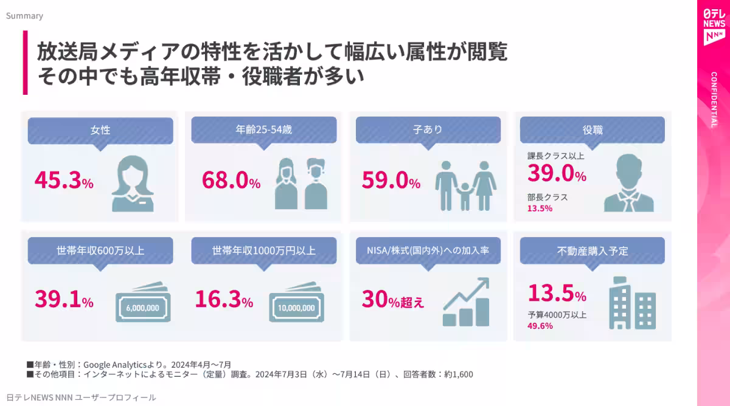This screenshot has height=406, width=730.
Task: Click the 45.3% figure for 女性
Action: tap(64, 180)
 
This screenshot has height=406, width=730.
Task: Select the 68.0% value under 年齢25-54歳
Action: tap(231, 180)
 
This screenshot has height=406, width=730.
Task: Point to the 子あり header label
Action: tap(428, 129)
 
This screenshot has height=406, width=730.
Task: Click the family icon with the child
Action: tap(466, 185)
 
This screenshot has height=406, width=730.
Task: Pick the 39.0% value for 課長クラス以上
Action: tap(557, 174)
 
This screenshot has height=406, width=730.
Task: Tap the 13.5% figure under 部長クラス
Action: tap(540, 208)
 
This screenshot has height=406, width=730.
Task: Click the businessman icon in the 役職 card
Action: tap(628, 183)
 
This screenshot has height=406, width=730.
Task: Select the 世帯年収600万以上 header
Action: tap(100, 250)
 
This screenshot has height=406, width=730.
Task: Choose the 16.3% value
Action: tap(224, 300)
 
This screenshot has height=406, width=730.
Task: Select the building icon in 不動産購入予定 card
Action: tap(631, 302)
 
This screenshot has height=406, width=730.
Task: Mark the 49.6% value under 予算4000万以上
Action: tap(540, 326)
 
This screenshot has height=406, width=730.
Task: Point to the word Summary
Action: tap(24, 16)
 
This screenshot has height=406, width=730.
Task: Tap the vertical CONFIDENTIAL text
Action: tap(714, 100)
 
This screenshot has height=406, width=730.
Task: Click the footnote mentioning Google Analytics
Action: tap(128, 364)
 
